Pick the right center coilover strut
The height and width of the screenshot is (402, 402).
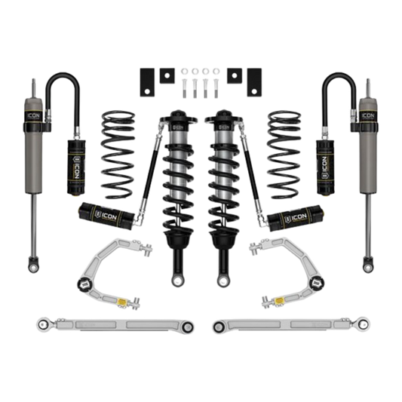[x=227, y=173]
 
